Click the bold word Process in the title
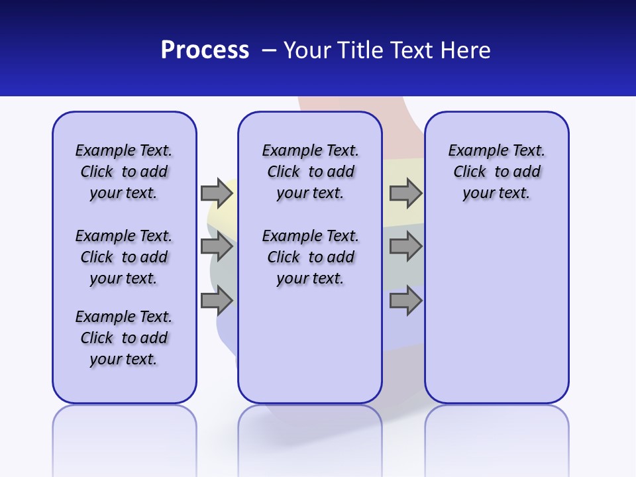pos(205,50)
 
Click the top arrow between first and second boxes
pos(217,193)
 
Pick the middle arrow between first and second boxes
pos(217,247)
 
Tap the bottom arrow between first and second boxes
pos(217,301)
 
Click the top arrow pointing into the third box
pos(405,193)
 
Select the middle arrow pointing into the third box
pos(405,247)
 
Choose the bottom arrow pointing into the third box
pos(405,301)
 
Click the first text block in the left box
pos(124,172)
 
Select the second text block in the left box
pos(124,257)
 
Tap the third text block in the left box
pos(124,338)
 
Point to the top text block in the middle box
pos(310,172)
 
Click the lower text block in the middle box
pos(310,257)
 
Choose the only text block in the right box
pos(496,172)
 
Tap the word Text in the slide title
pos(411,50)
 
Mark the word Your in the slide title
pos(307,50)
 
